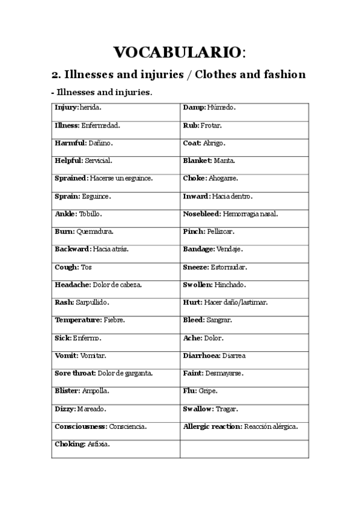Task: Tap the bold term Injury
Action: point(66,108)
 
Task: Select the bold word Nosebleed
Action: point(201,214)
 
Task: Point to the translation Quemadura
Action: point(96,232)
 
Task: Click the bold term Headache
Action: point(73,284)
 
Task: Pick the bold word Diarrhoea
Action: point(202,355)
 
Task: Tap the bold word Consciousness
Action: point(81,426)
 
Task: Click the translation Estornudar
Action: point(229,267)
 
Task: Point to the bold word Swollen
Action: point(197,284)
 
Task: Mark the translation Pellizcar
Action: point(221,232)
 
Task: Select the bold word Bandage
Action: point(198,249)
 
